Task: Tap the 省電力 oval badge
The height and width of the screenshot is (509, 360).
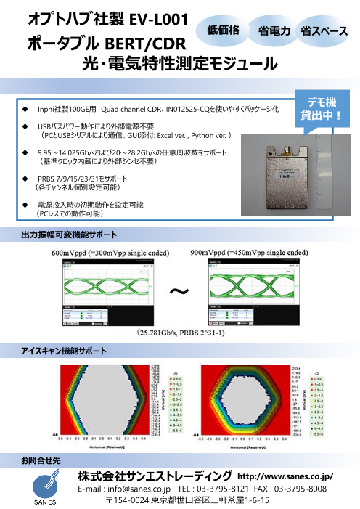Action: click(274, 31)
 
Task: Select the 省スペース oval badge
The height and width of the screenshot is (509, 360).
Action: click(323, 31)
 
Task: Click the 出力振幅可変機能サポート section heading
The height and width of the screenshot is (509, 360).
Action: click(69, 235)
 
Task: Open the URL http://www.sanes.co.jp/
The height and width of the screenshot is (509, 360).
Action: click(285, 476)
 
